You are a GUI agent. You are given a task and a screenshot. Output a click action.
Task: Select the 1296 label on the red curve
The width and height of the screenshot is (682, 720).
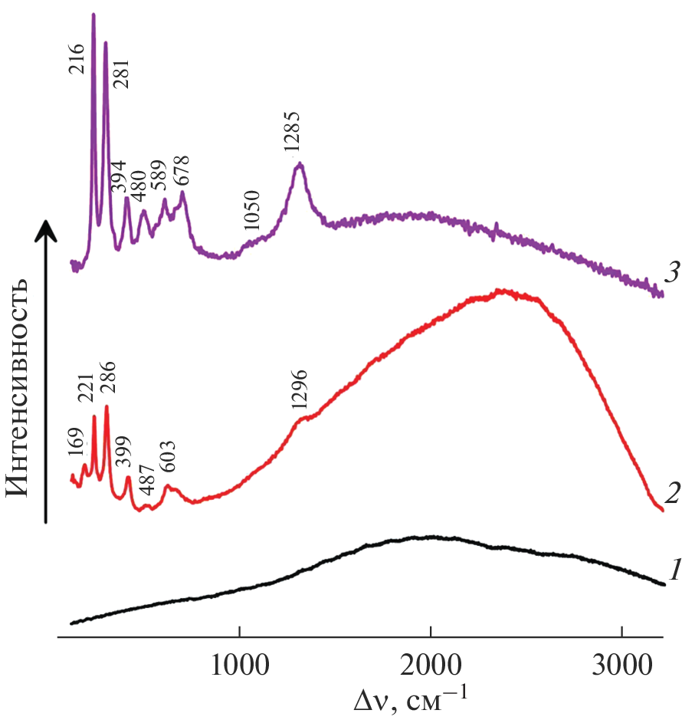(299, 393)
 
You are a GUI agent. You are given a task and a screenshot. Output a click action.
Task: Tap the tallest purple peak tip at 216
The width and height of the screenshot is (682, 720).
(93, 14)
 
